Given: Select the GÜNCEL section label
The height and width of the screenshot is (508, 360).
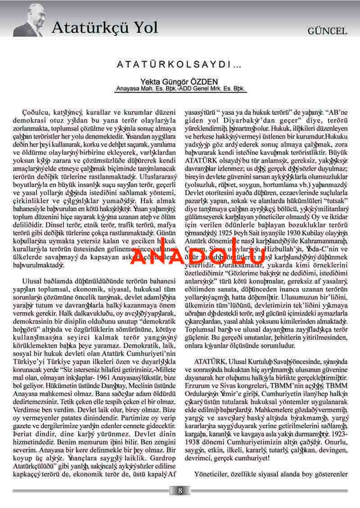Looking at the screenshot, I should [327, 31].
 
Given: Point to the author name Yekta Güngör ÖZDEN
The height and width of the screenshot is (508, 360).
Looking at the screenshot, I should [179, 81].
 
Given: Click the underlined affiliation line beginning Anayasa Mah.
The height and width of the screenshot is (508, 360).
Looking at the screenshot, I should [179, 89].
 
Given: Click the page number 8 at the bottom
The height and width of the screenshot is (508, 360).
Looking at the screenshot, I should [180, 490].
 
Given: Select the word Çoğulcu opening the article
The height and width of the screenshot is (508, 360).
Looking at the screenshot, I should [33, 111].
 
